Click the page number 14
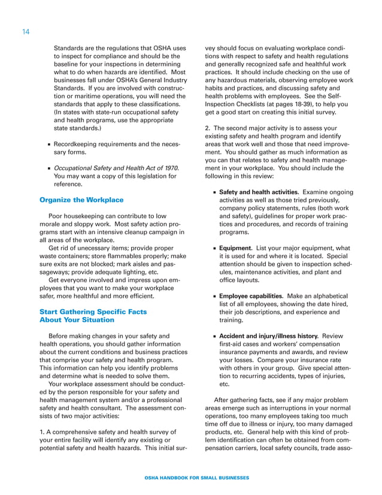[x=26, y=31]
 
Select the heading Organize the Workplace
[x=81, y=200]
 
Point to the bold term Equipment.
[x=235, y=248]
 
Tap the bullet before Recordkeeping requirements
[x=47, y=145]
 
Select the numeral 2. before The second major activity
[x=208, y=128]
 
